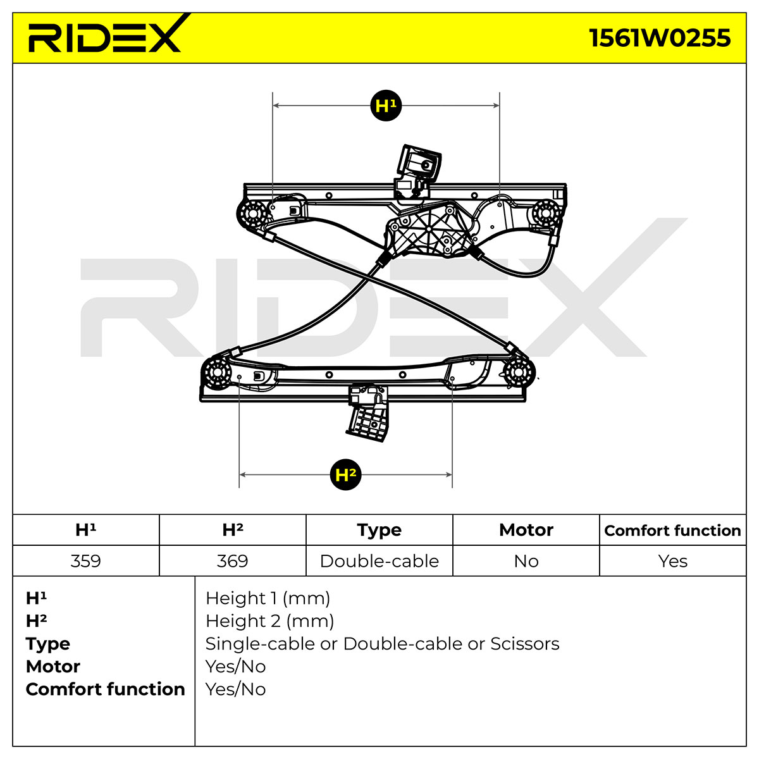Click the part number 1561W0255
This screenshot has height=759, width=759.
coord(659,38)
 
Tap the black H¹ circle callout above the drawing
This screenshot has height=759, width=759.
coord(386,106)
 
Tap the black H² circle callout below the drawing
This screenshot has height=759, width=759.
coord(345,474)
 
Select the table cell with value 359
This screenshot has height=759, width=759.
coord(86,561)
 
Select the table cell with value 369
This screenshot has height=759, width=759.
coord(232,561)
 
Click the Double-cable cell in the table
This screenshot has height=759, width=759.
coord(379,561)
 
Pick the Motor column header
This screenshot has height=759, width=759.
coord(526,530)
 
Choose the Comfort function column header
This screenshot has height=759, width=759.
coord(673,530)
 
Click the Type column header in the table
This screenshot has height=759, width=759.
coord(379,530)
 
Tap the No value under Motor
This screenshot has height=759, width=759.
coord(526,561)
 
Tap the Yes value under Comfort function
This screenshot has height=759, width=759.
coord(673,561)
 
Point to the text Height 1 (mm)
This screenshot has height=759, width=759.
coord(268,598)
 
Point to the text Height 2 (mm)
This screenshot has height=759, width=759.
coord(270,621)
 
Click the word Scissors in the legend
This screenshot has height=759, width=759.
coord(524,644)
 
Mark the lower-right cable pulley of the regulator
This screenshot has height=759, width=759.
coord(519,372)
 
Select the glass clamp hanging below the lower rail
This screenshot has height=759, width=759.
coord(368,413)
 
